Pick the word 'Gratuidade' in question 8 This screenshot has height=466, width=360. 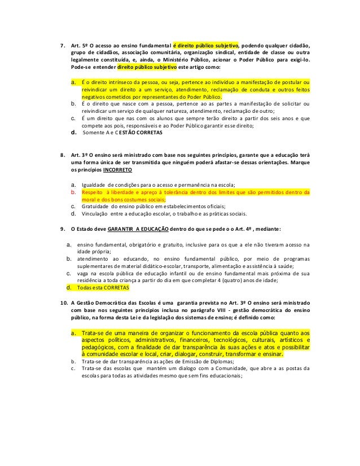coord(96,206)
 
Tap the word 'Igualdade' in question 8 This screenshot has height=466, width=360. coord(94,184)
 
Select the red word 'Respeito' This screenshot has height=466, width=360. coord(94,192)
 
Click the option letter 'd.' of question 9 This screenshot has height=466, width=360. coord(69,287)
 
